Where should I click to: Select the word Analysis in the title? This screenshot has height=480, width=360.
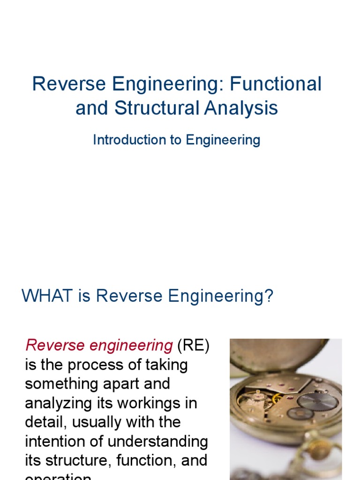pyautogui.click(x=240, y=108)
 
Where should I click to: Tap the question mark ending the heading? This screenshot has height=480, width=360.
pyautogui.click(x=269, y=296)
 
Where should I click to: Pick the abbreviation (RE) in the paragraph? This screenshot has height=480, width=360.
pyautogui.click(x=194, y=345)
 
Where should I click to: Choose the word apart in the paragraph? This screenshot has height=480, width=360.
pyautogui.click(x=131, y=384)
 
